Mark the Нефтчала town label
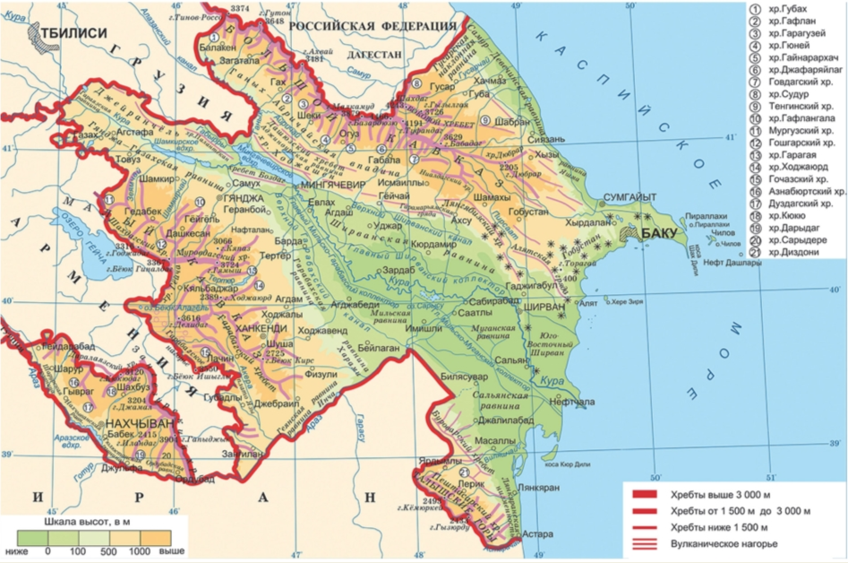click(561, 403)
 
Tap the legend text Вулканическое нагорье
click(724, 544)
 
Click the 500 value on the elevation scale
click(108, 550)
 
